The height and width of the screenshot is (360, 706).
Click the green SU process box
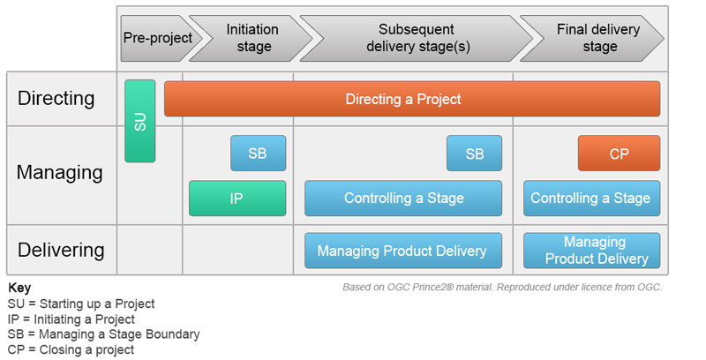point(139,121)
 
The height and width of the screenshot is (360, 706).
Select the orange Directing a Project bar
point(412,99)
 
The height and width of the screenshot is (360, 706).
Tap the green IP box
point(237,199)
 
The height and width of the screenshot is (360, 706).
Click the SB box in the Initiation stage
point(258,153)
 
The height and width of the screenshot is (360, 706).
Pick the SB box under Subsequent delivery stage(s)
point(474,153)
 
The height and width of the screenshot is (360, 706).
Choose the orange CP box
point(619,153)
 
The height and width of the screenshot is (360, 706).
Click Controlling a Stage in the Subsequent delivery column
point(403,199)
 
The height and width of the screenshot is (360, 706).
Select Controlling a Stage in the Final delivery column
point(591,199)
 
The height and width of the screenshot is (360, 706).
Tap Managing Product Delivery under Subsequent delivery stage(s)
point(402,251)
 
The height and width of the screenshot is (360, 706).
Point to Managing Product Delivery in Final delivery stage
point(591,251)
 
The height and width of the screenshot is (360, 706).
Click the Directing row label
point(56,98)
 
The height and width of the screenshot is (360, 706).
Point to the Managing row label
point(59,172)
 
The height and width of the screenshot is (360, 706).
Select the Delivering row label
point(60,250)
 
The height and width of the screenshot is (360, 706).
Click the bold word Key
point(19,288)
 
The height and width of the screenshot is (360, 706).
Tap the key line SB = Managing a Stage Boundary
point(104,334)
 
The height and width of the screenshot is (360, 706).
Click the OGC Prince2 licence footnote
point(501,288)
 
